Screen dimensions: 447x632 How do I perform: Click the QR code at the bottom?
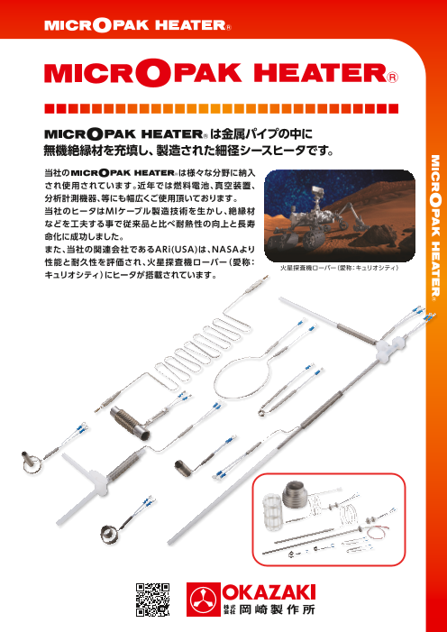[x=152, y=599]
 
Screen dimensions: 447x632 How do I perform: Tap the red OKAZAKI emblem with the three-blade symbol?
[x=203, y=600]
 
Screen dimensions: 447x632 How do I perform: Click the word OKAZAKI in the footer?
[x=269, y=591]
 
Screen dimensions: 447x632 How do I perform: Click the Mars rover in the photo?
[x=310, y=217]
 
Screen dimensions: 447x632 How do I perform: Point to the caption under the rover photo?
[x=340, y=267]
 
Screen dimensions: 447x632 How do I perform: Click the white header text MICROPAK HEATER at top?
[x=138, y=25]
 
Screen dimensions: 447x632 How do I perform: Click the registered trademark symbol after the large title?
[x=393, y=78]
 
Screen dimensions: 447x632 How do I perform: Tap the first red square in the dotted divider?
[x=49, y=108]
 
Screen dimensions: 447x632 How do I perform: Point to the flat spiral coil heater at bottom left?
[x=108, y=534]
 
